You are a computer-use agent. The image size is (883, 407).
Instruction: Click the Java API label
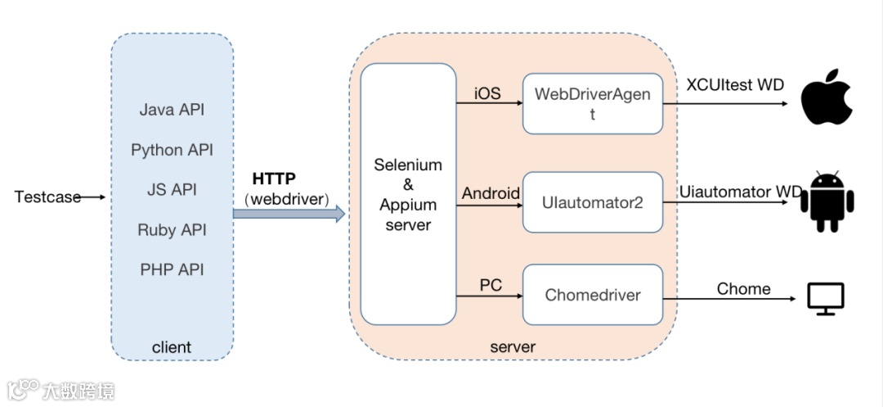click(x=172, y=110)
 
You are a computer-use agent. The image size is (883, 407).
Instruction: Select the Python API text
click(x=172, y=150)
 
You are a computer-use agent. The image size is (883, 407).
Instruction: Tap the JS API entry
click(x=172, y=190)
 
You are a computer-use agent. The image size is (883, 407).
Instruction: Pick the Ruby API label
click(x=172, y=230)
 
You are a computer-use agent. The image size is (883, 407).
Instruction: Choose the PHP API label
click(x=172, y=269)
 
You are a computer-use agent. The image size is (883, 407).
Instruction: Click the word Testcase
click(x=47, y=197)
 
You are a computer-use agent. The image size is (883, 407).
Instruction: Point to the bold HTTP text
click(x=274, y=179)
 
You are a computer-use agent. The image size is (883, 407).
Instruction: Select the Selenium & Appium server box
click(x=408, y=194)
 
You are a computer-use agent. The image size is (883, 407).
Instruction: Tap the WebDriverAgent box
click(x=592, y=103)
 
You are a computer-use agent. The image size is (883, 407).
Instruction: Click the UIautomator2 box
click(x=592, y=201)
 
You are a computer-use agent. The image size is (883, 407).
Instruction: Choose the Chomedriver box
click(x=592, y=295)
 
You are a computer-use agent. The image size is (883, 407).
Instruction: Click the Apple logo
click(x=825, y=97)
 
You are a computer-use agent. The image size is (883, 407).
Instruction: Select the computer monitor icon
click(x=825, y=300)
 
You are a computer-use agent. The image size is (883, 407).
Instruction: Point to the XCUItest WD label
click(x=735, y=85)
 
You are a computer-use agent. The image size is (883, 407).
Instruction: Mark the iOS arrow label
click(x=488, y=93)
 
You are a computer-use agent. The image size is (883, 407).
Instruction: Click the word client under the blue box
click(x=172, y=347)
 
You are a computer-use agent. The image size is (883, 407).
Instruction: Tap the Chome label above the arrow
click(x=743, y=289)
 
